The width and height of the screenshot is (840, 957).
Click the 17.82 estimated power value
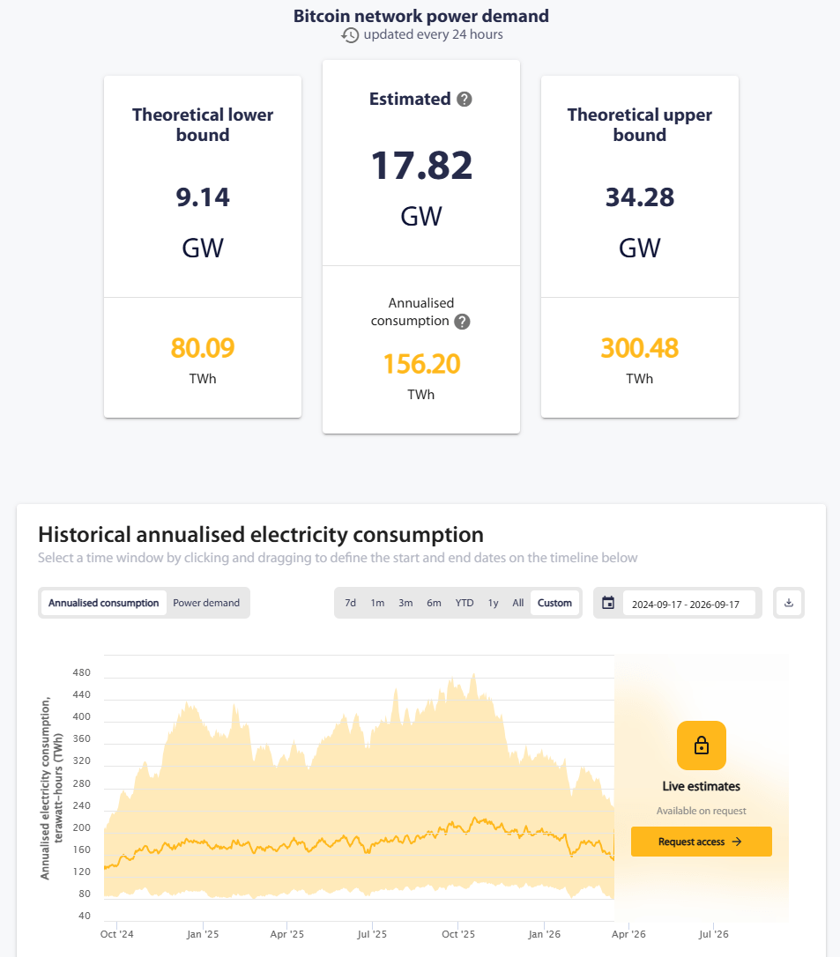[422, 166]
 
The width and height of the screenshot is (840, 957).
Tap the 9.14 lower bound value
[203, 197]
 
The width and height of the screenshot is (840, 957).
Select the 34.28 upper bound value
[640, 197]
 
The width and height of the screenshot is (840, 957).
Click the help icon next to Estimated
[465, 99]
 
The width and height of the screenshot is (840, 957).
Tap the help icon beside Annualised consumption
[462, 322]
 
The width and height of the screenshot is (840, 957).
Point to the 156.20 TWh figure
[422, 364]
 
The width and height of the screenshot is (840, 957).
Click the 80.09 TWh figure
[203, 348]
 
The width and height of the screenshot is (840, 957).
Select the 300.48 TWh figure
[640, 348]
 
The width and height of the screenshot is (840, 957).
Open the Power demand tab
[206, 603]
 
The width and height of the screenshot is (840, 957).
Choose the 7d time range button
[351, 603]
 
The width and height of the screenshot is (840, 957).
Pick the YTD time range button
[465, 603]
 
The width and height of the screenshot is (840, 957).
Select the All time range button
[517, 603]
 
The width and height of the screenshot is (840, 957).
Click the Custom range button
[555, 603]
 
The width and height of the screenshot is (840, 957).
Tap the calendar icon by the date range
[608, 603]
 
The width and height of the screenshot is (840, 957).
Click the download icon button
[789, 603]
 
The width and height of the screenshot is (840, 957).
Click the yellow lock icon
[702, 746]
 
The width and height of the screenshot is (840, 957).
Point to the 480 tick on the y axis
[81, 672]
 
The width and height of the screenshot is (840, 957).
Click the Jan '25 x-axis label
[203, 934]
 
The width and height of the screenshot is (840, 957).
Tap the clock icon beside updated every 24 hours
[350, 34]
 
